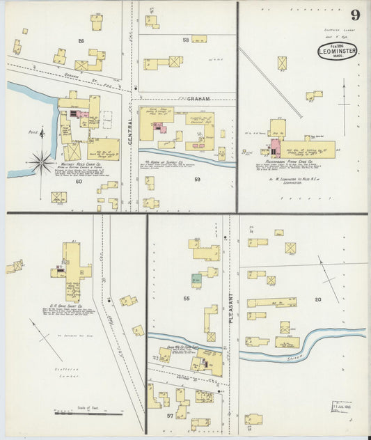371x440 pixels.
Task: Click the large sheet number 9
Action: pyautogui.click(x=355, y=15)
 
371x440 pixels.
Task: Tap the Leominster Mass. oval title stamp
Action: pyautogui.click(x=337, y=52)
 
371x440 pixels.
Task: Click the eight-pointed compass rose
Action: pyautogui.click(x=41, y=162)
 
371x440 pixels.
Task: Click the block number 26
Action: pyautogui.click(x=81, y=41)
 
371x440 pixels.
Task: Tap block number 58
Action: pyautogui.click(x=186, y=40)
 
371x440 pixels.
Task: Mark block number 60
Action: pyautogui.click(x=79, y=181)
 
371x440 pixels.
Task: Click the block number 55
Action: pyautogui.click(x=186, y=298)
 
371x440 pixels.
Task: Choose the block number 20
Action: pyautogui.click(x=317, y=299)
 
